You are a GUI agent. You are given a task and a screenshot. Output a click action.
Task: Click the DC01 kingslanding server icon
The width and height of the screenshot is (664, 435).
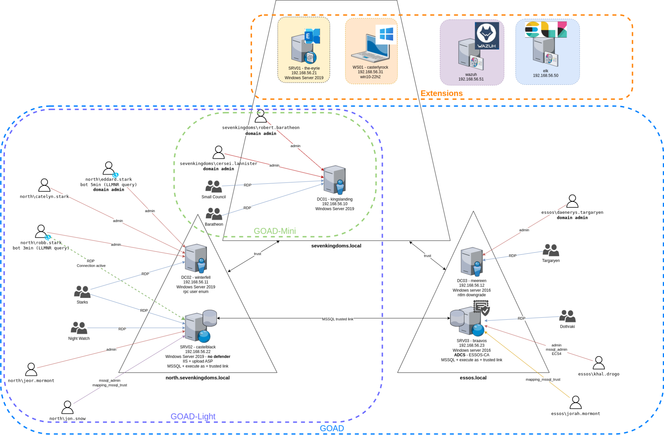click(335, 180)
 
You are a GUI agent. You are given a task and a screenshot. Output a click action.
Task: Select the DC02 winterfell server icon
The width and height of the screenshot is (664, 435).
click(196, 258)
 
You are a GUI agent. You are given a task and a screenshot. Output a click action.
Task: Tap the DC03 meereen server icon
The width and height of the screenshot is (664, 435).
click(472, 261)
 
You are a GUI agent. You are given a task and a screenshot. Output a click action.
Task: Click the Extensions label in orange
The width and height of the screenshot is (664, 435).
click(441, 93)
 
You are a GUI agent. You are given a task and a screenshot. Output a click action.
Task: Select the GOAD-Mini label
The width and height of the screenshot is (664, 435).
click(275, 231)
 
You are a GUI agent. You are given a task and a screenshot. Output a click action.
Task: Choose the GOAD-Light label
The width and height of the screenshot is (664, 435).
click(193, 416)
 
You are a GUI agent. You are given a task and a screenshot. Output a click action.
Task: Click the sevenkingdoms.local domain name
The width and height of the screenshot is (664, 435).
click(336, 246)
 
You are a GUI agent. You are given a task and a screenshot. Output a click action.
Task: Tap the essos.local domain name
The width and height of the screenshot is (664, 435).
click(473, 378)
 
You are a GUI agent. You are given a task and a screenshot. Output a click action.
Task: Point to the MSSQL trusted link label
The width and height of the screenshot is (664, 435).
click(337, 319)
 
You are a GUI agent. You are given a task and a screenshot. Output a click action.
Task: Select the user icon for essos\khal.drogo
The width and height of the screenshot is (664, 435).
click(599, 363)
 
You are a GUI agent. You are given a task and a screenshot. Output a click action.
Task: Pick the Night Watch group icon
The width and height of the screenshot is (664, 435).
click(79, 328)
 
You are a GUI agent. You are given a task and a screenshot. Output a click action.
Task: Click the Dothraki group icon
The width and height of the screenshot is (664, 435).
click(567, 316)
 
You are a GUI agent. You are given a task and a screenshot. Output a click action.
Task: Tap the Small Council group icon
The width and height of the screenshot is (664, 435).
click(214, 187)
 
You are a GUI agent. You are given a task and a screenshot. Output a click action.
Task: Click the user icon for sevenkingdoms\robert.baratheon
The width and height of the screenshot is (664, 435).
click(261, 116)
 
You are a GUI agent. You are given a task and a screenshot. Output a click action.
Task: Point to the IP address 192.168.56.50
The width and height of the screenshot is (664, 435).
click(545, 76)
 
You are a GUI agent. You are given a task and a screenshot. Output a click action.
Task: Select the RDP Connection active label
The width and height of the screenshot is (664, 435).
click(91, 263)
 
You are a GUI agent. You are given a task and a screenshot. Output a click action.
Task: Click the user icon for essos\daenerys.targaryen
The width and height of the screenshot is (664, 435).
click(572, 201)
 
